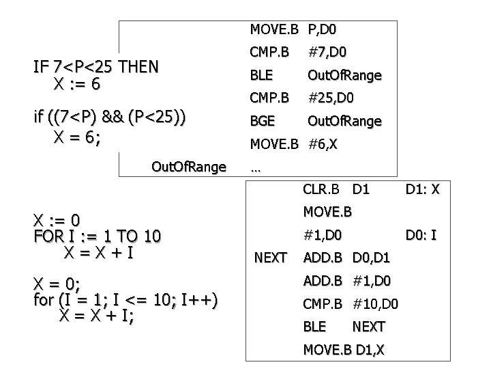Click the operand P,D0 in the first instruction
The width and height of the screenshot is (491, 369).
(322, 29)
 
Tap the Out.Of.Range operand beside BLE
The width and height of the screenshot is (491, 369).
(344, 75)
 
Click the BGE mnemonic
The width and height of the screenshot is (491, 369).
(263, 121)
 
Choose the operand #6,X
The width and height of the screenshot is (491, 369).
(324, 143)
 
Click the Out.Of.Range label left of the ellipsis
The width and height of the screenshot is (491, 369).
(188, 167)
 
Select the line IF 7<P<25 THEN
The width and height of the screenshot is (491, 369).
(96, 67)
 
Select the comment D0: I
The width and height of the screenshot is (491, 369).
(422, 236)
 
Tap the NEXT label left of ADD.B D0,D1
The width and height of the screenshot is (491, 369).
(269, 258)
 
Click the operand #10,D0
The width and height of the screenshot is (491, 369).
(376, 303)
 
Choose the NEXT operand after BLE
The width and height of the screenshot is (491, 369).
(368, 327)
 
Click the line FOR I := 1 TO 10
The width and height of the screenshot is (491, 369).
(97, 236)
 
